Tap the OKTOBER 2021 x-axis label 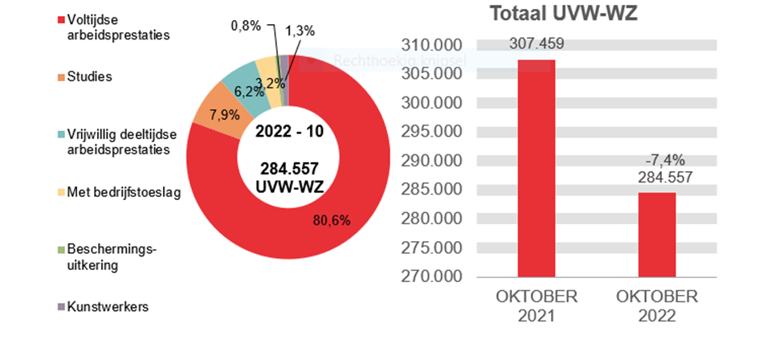pyautogui.click(x=537, y=306)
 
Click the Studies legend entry pyautogui.click(x=89, y=77)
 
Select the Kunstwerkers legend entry pyautogui.click(x=108, y=307)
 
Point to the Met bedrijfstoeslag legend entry pyautogui.click(x=122, y=193)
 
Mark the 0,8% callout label pyautogui.click(x=246, y=26)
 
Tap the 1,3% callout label pyautogui.click(x=300, y=31)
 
